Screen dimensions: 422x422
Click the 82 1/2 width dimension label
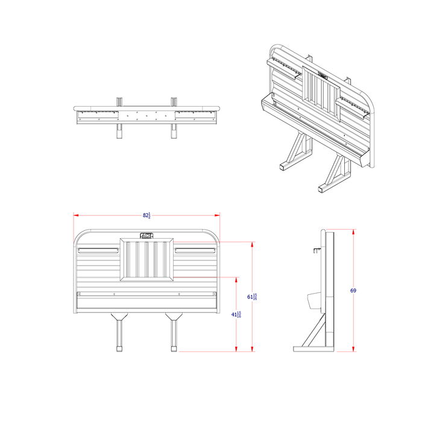pyautogui.click(x=146, y=215)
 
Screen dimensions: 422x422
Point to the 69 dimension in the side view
pyautogui.click(x=353, y=291)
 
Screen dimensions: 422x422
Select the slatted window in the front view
pyautogui.click(x=147, y=260)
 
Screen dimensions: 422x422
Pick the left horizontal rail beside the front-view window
pyautogui.click(x=99, y=249)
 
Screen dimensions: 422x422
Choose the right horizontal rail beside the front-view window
pyautogui.click(x=195, y=249)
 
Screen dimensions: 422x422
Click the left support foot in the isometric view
pyautogui.click(x=286, y=166)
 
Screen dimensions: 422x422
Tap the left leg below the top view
pyautogui.click(x=119, y=131)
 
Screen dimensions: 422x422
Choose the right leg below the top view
pyautogui.click(x=174, y=131)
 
